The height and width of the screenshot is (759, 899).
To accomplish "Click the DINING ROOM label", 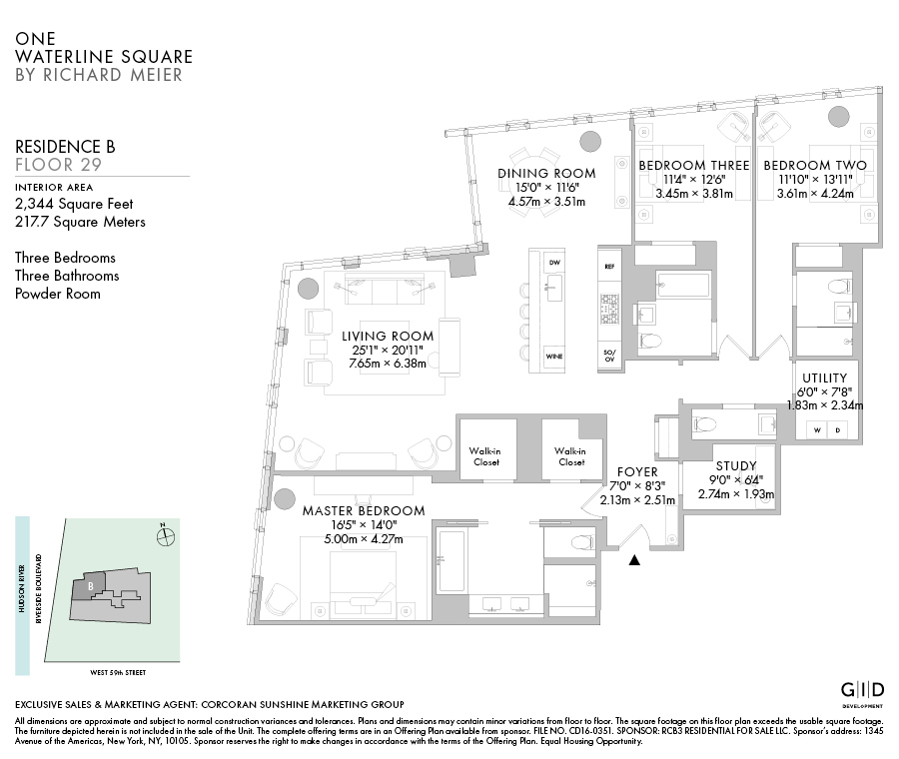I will (546, 173).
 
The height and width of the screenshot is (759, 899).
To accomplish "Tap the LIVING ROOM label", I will (388, 336).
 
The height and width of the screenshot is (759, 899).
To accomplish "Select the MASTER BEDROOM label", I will (364, 510).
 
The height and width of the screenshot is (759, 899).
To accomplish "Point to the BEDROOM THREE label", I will (693, 165).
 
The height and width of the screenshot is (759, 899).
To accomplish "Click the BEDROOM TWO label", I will (815, 165).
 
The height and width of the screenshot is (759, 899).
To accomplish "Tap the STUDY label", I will (736, 465).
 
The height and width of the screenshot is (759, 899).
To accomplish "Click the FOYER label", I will (637, 471).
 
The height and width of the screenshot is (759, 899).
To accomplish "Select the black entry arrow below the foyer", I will (633, 560).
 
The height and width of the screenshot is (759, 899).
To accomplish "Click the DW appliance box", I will (555, 262).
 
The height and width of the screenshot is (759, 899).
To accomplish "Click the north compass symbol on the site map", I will (166, 536).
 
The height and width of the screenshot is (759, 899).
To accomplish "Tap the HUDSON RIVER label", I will (22, 597).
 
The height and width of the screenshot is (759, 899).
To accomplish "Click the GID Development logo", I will (861, 692).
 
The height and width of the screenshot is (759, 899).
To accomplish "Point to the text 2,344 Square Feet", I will (81, 204).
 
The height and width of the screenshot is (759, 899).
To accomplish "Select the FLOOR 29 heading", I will (58, 164).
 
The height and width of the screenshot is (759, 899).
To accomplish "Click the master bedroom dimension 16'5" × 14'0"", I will (364, 525).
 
